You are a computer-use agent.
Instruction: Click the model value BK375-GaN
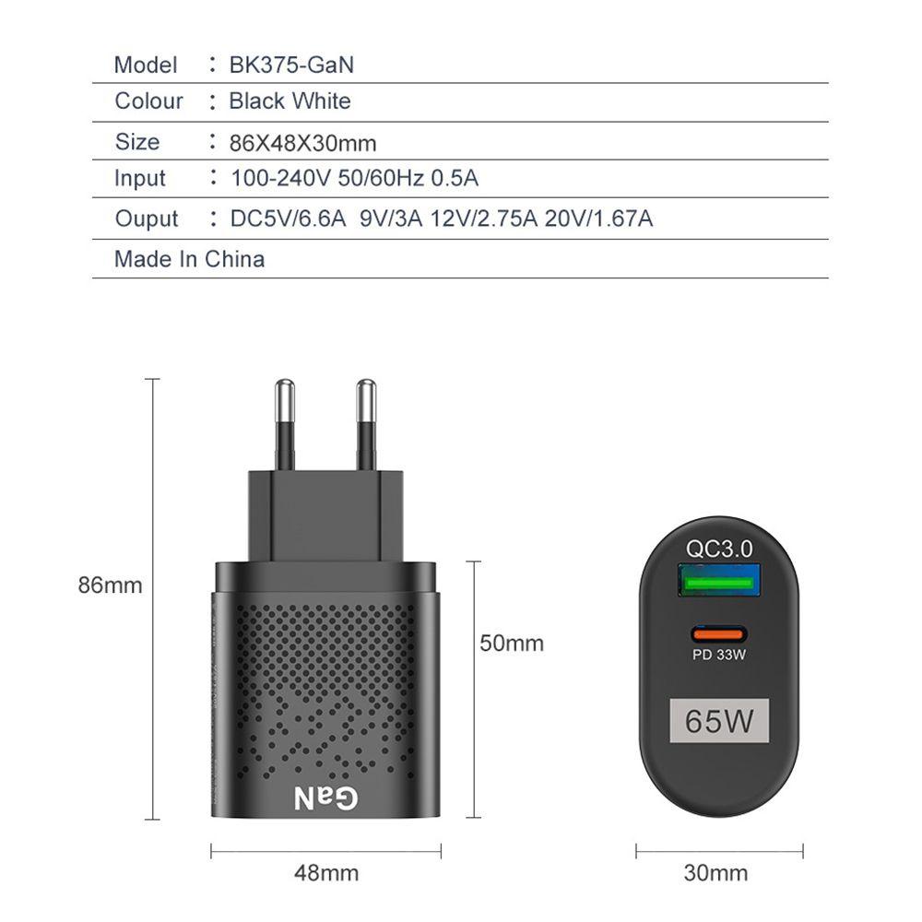pos(291,65)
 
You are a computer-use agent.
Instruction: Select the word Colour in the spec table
pos(148,100)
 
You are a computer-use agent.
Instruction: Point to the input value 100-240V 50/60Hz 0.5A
pos(354,178)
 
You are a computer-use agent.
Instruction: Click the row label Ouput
pos(146,219)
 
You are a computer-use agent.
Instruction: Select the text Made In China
pos(189,259)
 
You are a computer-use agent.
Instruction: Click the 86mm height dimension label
pos(110,585)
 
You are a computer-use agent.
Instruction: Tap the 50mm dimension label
pos(512,643)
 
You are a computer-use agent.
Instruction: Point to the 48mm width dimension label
pos(325,872)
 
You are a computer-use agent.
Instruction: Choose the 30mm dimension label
pos(715,872)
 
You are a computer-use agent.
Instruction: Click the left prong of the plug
pos(284,425)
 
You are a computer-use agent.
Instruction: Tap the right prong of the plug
pos(366,425)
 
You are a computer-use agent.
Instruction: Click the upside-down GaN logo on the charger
pos(325,797)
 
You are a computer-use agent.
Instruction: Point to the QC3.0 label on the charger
pos(719,549)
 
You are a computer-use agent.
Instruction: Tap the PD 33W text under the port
pos(718,656)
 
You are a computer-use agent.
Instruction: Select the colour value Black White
pos(290,100)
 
